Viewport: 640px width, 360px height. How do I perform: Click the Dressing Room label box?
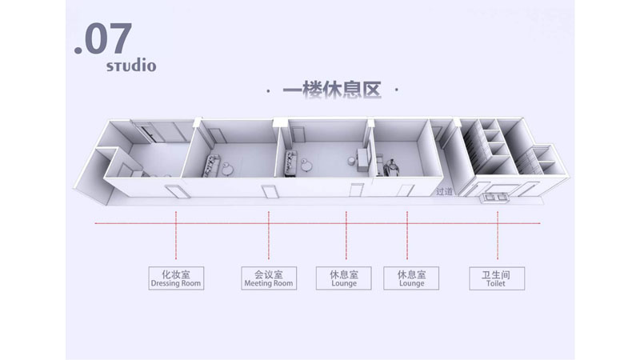click(176, 278)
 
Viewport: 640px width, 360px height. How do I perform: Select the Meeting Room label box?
click(269, 278)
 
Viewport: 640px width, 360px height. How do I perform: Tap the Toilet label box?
click(497, 278)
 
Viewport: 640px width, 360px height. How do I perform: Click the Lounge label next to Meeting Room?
click(344, 278)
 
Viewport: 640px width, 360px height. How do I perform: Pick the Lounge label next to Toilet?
click(411, 278)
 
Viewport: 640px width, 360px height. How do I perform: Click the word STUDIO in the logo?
click(131, 66)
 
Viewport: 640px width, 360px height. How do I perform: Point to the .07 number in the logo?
click(103, 38)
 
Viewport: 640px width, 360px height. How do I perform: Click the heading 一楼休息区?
click(332, 90)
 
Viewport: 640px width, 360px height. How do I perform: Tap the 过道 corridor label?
click(444, 191)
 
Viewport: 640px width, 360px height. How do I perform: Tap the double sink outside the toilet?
click(495, 198)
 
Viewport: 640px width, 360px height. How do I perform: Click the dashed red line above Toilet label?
click(498, 235)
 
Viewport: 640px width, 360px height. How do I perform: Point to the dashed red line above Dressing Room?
click(176, 235)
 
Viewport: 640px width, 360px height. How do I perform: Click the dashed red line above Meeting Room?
click(269, 235)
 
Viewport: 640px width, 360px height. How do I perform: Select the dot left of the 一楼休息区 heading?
click(268, 90)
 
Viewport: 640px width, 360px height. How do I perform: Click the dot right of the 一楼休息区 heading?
click(397, 90)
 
